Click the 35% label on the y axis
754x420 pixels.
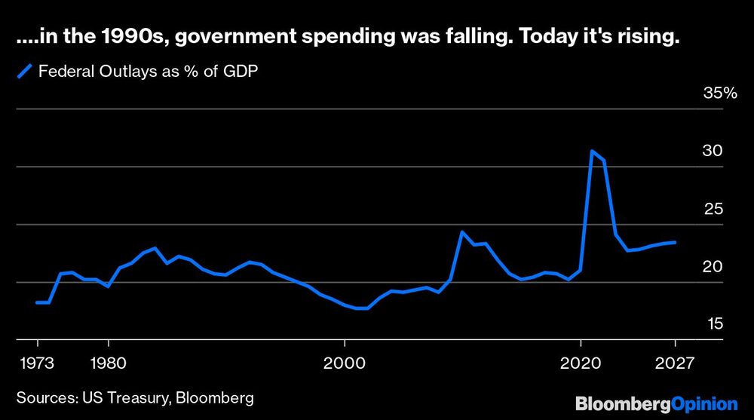click(719, 94)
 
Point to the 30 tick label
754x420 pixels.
click(713, 151)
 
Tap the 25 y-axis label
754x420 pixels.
click(713, 209)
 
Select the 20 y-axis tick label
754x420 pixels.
click(713, 266)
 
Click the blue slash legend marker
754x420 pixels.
click(25, 72)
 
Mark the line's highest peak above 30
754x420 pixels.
click(593, 152)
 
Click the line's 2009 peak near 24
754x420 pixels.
click(462, 232)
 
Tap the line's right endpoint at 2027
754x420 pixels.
click(675, 242)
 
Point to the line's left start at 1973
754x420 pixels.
click(37, 302)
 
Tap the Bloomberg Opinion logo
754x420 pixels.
click(656, 403)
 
